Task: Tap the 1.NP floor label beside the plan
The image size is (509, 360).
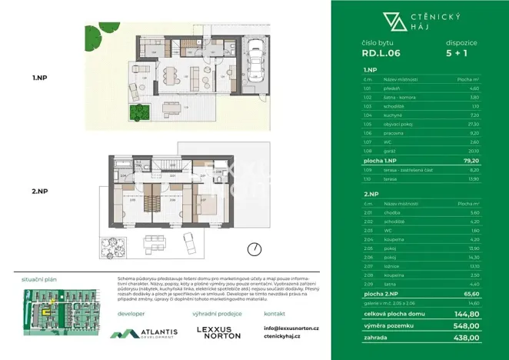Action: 41,77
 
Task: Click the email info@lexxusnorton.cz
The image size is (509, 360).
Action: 291,328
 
